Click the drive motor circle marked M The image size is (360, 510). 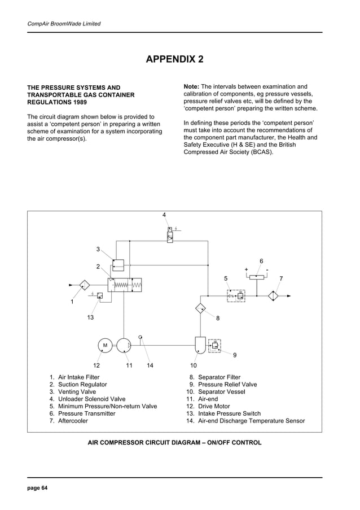tap(104, 345)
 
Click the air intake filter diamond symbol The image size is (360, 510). tap(84, 285)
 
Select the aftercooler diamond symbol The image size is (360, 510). tap(274, 295)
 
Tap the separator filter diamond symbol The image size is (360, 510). tap(201, 308)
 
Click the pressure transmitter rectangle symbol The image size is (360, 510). tap(257, 277)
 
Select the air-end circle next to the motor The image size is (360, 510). tap(124, 345)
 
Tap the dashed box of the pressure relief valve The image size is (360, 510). tap(214, 345)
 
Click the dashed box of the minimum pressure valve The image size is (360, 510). tap(236, 295)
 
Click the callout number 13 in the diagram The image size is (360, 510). tap(90, 318)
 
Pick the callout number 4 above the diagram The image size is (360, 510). tap(164, 215)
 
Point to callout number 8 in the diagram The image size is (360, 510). tap(218, 319)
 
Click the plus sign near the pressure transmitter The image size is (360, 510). tap(247, 269)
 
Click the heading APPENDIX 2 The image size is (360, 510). tap(175, 59)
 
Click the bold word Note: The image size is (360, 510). tap(191, 86)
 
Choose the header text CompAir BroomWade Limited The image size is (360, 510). tap(64, 24)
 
